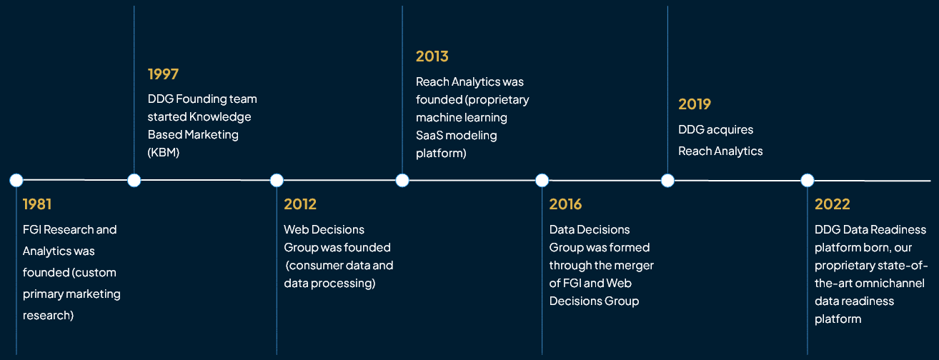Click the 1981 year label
tap(37, 204)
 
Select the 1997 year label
tap(163, 74)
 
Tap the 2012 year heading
tap(300, 204)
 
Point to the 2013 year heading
tap(432, 56)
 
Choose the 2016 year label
tap(565, 204)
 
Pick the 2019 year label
tap(695, 104)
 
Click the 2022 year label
tap(833, 204)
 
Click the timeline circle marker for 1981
tap(16, 180)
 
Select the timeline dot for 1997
tap(134, 180)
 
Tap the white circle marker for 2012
tap(277, 180)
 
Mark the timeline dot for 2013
tap(402, 180)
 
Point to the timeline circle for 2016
tap(542, 180)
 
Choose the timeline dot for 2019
tap(667, 180)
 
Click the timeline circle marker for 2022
tap(807, 180)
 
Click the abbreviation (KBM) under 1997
tap(163, 153)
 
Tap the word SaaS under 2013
tap(431, 135)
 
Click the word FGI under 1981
tap(34, 230)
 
